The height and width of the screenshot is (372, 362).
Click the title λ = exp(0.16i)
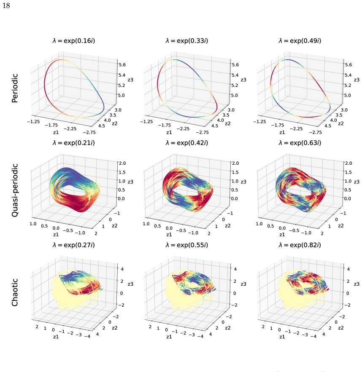pos(74,41)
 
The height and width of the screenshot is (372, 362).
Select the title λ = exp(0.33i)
pos(187,41)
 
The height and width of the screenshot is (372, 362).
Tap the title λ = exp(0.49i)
pos(300,41)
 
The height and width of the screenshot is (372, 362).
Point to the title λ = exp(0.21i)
pos(74,143)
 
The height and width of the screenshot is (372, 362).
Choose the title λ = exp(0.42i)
pos(187,143)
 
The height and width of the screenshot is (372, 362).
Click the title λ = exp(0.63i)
pos(300,143)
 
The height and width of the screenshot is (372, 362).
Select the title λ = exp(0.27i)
pos(74,245)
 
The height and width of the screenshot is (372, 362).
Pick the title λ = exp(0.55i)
pos(187,245)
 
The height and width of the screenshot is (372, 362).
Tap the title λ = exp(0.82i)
pos(300,245)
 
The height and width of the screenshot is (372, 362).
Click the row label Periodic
pos(15,88)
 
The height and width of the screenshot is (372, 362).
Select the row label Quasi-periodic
pos(15,190)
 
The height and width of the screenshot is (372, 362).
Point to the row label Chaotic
pos(15,292)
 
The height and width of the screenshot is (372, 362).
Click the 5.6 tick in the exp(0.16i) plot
pos(122,64)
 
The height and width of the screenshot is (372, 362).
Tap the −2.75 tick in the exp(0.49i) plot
pos(316,132)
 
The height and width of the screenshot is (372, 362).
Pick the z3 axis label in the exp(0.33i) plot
pos(243,80)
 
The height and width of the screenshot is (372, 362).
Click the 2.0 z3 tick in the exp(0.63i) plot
pos(348,163)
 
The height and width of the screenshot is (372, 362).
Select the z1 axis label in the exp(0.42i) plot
pos(169,235)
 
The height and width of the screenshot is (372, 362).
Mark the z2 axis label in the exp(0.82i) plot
pos(341,328)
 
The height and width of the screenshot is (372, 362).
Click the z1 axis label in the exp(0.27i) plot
pos(56,337)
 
